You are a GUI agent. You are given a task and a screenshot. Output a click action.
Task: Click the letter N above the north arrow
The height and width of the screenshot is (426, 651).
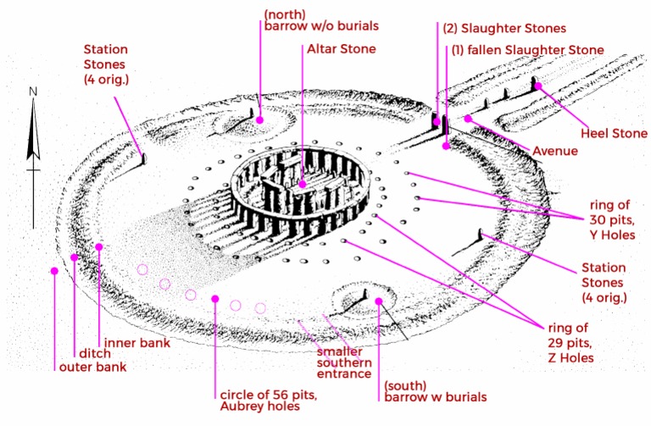[x=32, y=91]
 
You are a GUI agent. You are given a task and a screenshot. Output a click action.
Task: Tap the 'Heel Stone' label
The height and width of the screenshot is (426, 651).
[x=614, y=133]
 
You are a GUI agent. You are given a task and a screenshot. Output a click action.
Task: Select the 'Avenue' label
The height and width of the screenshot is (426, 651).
[x=555, y=151]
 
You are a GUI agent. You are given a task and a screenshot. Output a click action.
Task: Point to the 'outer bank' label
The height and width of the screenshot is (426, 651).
[x=92, y=367]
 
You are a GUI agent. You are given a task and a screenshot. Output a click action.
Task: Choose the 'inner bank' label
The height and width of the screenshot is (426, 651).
[x=136, y=343]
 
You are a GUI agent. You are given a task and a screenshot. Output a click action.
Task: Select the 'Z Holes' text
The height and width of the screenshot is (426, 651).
[x=570, y=358]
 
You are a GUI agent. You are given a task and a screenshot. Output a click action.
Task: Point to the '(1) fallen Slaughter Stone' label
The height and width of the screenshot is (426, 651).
[x=527, y=50]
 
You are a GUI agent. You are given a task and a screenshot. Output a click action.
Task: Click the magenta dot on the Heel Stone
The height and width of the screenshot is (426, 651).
[x=537, y=86]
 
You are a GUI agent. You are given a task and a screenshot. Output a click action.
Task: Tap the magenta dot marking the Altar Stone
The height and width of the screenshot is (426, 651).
[x=303, y=184]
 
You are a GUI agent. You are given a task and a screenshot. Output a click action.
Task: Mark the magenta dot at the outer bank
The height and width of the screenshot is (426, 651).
[x=54, y=271]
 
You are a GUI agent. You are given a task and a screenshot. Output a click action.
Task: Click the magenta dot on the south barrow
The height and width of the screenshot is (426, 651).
[x=379, y=301]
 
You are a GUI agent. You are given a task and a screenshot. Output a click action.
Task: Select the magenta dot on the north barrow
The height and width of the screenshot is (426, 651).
[x=260, y=120]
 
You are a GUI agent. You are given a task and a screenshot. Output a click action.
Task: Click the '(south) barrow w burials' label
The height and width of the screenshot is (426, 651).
[x=435, y=391]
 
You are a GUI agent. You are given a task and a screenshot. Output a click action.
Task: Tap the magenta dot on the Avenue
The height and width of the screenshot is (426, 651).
[x=467, y=119]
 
